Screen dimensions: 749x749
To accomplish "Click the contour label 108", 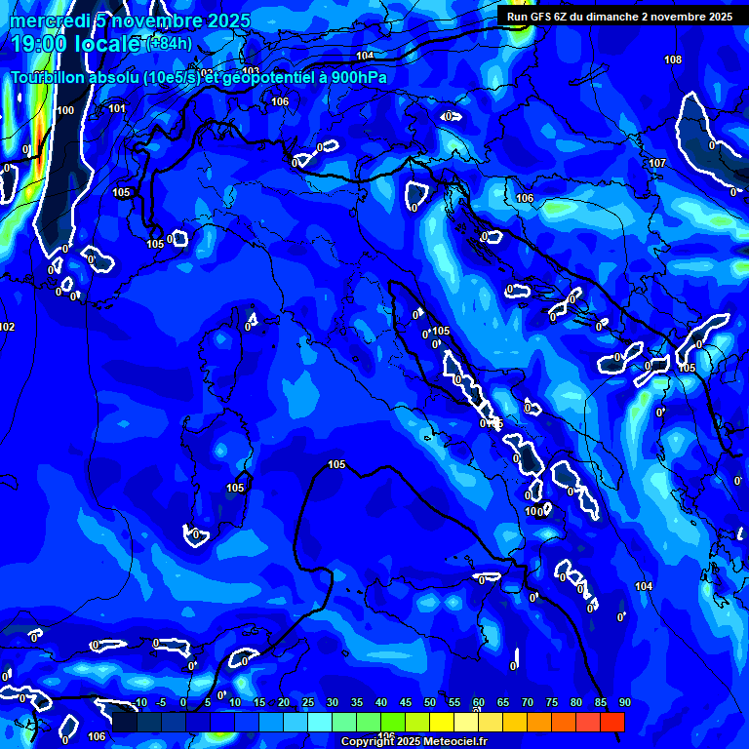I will point(673,60).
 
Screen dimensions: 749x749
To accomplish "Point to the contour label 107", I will point(657,163).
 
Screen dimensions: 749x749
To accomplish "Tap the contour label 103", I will point(252,71).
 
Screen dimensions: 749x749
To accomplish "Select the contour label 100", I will point(65,111).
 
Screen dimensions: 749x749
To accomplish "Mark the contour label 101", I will point(117,108).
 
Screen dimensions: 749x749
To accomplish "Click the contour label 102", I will point(8,328).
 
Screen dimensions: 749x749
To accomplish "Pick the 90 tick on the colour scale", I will point(624,703).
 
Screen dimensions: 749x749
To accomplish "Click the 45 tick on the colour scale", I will point(405,703).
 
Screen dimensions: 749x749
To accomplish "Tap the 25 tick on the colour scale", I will point(307,703).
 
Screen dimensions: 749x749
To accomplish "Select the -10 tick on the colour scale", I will point(138,703).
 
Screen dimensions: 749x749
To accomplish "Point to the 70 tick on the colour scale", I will point(527,703).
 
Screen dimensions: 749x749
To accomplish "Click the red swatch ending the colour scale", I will point(612,722).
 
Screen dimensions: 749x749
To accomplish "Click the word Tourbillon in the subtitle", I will point(51,78).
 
